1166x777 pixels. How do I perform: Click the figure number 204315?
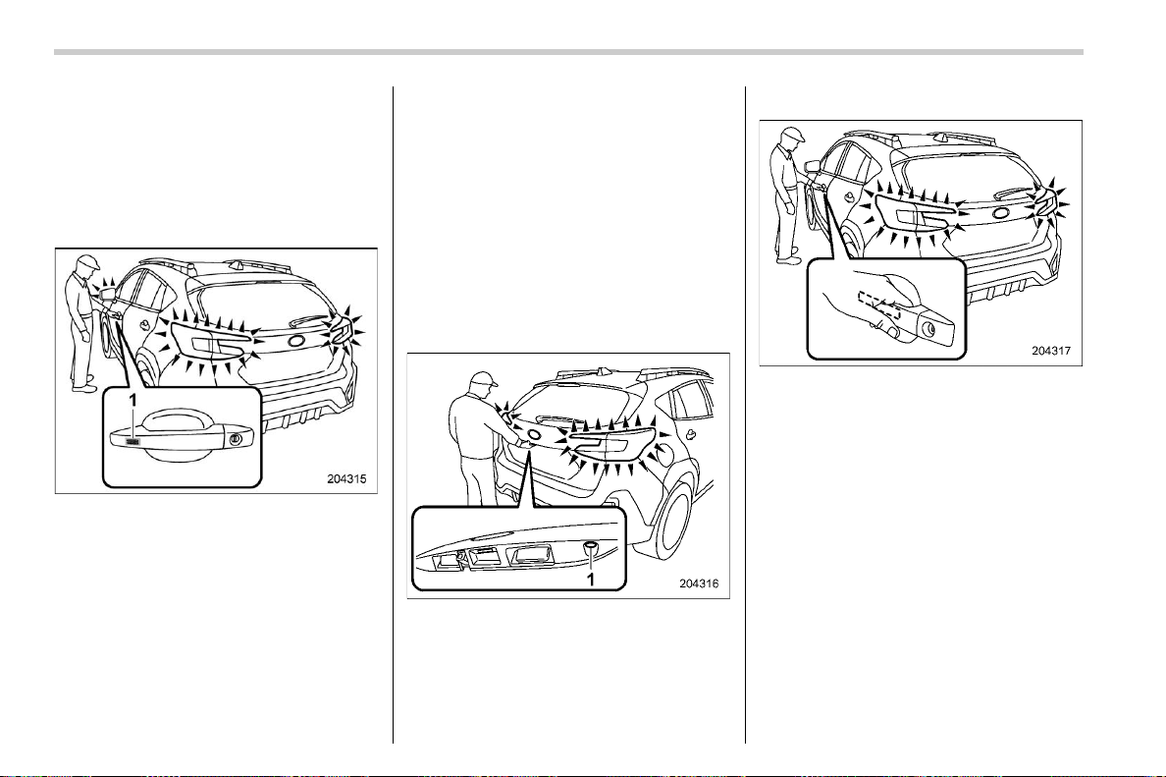[x=346, y=479]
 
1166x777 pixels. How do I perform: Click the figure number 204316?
[x=699, y=583]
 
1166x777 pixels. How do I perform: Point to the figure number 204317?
[x=1051, y=351]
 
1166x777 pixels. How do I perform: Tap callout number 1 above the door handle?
[x=133, y=400]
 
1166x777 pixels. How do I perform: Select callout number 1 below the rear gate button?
[x=592, y=579]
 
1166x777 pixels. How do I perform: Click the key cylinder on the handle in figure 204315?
[x=237, y=438]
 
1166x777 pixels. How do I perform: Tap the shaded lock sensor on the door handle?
[x=133, y=442]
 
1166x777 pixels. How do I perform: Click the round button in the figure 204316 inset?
[x=591, y=548]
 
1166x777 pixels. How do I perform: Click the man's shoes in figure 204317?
[x=789, y=256]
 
